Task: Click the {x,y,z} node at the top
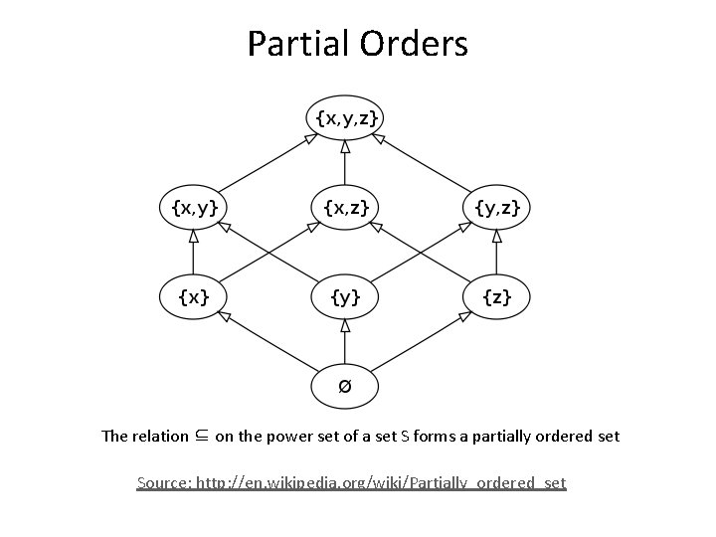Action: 345,118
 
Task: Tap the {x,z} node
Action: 345,207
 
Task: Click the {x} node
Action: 194,295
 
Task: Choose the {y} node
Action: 345,295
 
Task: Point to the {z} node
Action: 496,295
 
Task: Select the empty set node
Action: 345,385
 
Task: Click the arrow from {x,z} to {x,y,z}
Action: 345,163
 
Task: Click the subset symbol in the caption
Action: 202,436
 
